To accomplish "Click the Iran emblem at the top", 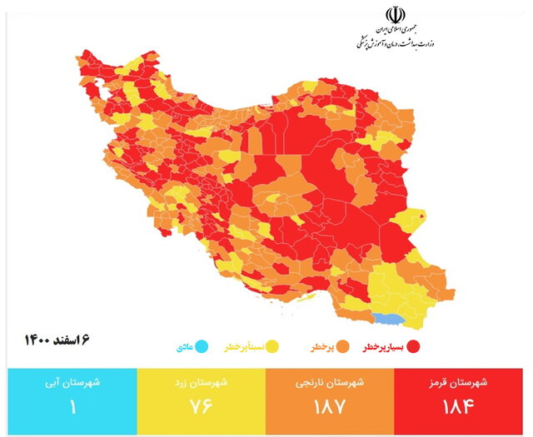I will pyautogui.click(x=394, y=17).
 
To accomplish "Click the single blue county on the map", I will pyautogui.click(x=385, y=319).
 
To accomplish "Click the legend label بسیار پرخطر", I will pyautogui.click(x=384, y=345).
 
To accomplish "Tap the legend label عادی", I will pyautogui.click(x=187, y=345).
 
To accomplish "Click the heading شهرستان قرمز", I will pyautogui.click(x=461, y=384).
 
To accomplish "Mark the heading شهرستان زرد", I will pyautogui.click(x=198, y=384).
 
